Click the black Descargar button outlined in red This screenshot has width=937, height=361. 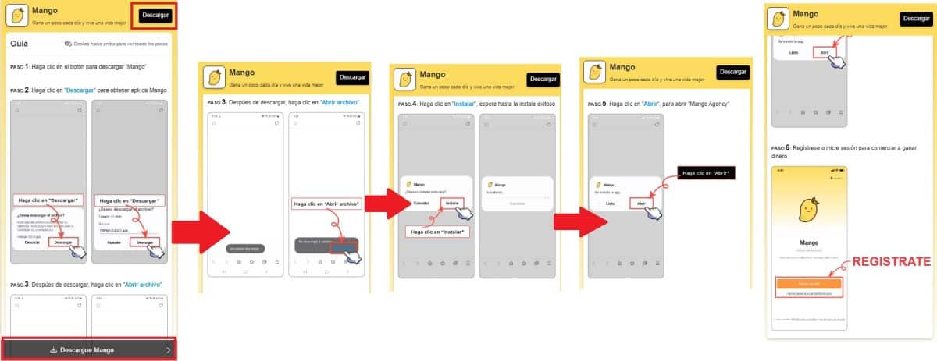[155, 16]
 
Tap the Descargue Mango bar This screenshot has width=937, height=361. [92, 350]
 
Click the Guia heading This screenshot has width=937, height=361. [20, 44]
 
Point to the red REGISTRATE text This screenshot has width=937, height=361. [890, 262]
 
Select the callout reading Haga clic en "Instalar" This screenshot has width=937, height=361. [438, 232]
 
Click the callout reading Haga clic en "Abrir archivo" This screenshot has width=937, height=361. [327, 204]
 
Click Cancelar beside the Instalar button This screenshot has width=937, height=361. [421, 203]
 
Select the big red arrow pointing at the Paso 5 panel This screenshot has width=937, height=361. [579, 220]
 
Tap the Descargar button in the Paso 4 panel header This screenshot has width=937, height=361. [543, 79]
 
